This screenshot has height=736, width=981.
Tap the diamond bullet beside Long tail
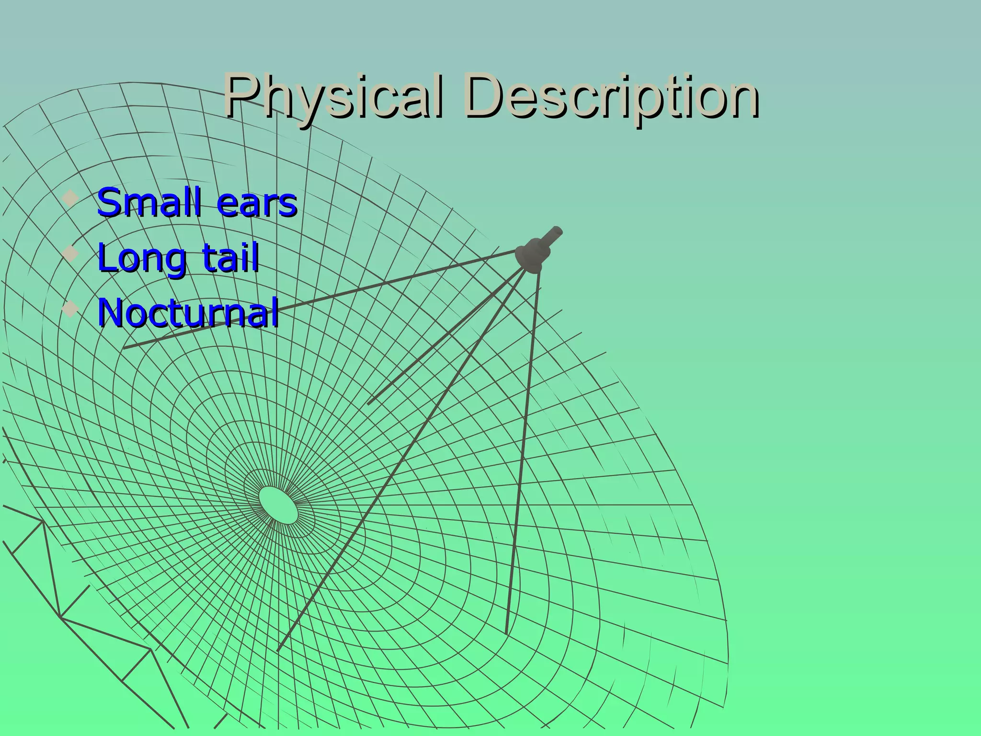tap(70, 253)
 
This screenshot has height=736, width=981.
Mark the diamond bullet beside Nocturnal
tap(70, 309)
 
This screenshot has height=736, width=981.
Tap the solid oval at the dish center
tap(278, 505)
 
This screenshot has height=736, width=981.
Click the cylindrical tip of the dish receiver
tap(556, 234)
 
